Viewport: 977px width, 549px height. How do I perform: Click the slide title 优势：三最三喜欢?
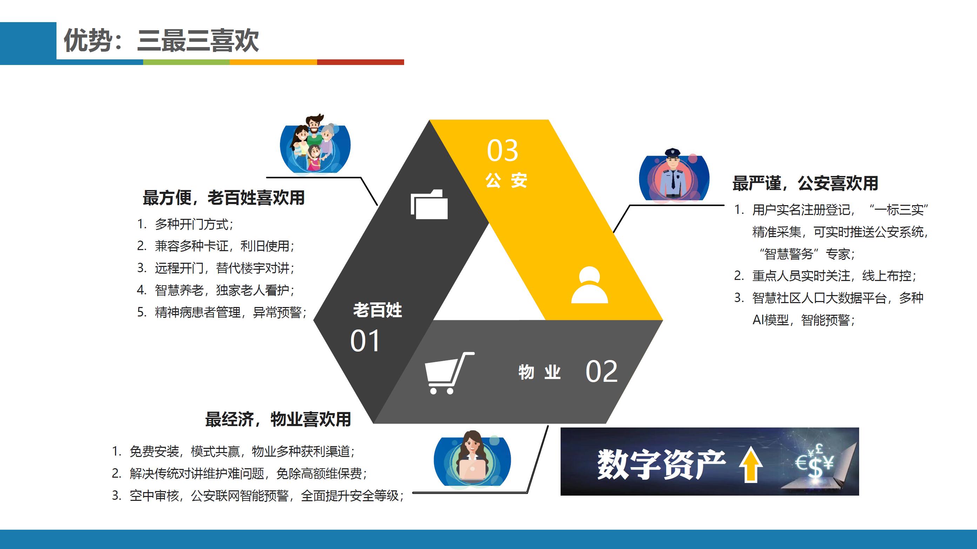[161, 40]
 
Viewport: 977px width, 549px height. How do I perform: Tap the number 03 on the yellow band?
[503, 150]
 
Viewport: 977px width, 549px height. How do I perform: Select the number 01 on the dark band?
[365, 341]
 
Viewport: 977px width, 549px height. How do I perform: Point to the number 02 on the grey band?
[602, 371]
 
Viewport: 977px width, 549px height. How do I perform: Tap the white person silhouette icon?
[589, 285]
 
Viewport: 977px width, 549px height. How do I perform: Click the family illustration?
[315, 144]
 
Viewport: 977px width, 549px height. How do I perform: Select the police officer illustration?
[674, 174]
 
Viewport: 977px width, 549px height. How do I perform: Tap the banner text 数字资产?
[661, 464]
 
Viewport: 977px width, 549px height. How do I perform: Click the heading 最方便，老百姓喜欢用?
[224, 197]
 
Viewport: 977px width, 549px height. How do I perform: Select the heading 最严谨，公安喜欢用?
[805, 183]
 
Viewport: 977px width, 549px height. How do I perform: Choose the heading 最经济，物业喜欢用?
[278, 419]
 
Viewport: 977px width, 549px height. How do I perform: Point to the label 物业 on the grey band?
[539, 372]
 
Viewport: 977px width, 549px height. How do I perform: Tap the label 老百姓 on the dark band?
[377, 310]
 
